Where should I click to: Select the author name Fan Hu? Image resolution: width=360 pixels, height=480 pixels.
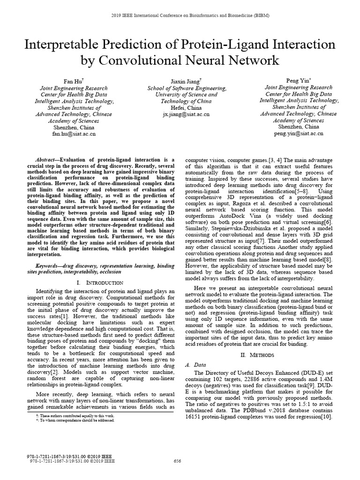click(72, 81)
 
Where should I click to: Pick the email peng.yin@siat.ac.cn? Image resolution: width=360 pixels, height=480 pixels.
click(299, 134)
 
